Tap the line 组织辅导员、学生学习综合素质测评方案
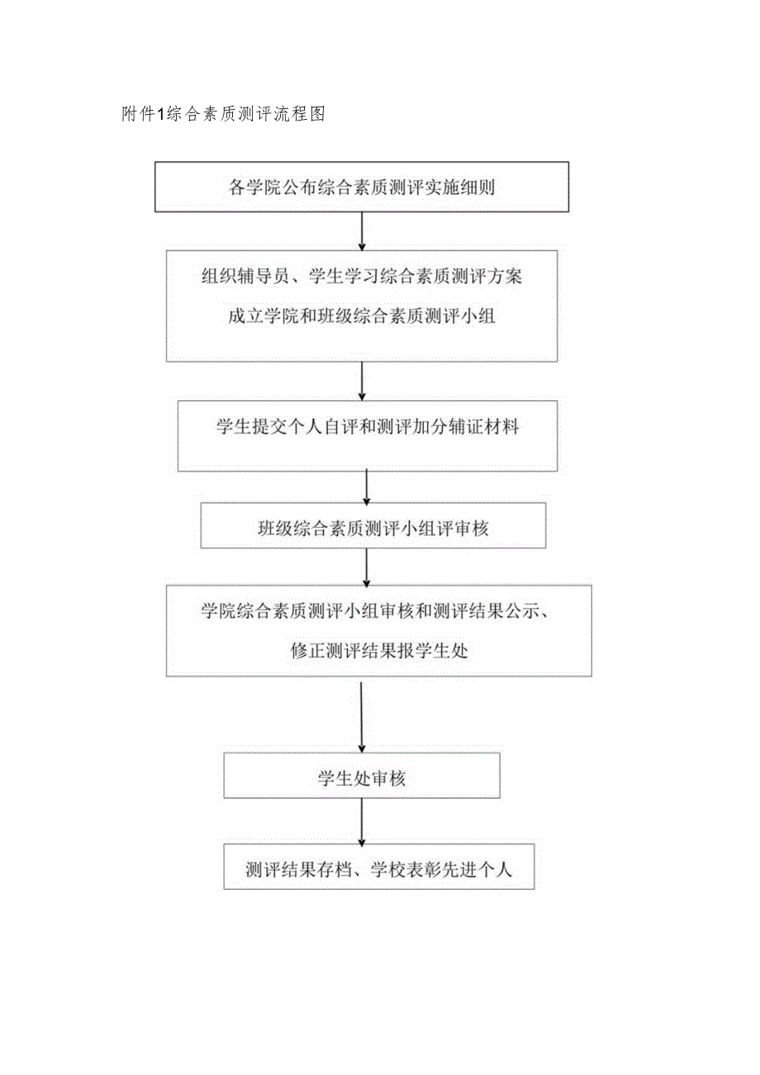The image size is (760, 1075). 361,278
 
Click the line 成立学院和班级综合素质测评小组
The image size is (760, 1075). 361,316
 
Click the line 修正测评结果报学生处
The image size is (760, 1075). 379,650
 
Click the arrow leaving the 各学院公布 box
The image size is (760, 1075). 362,231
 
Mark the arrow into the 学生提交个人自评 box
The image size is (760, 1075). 362,381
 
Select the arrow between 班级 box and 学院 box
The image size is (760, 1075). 367,566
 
